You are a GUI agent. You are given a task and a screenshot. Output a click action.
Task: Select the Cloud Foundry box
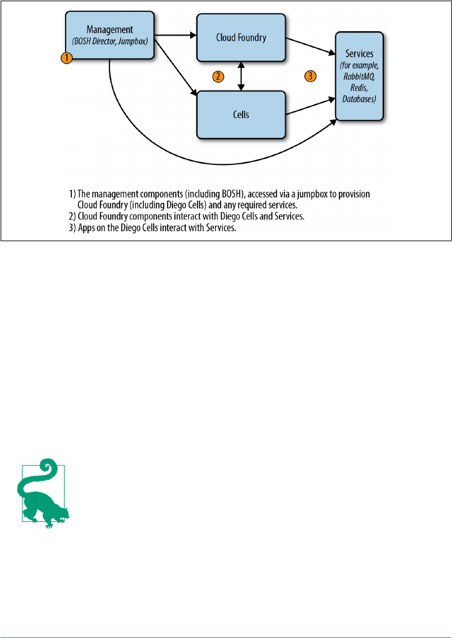241,37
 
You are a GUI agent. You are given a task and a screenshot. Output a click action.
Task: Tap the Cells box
241,114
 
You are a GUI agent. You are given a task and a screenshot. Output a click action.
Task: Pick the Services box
359,75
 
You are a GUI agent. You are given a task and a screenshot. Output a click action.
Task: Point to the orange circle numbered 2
218,77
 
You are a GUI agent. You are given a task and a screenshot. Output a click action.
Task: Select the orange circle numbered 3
311,77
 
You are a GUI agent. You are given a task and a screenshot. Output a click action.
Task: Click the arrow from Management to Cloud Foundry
175,35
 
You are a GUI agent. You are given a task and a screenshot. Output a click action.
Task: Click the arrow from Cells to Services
310,106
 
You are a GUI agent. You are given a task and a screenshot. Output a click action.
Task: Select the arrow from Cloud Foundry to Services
310,46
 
